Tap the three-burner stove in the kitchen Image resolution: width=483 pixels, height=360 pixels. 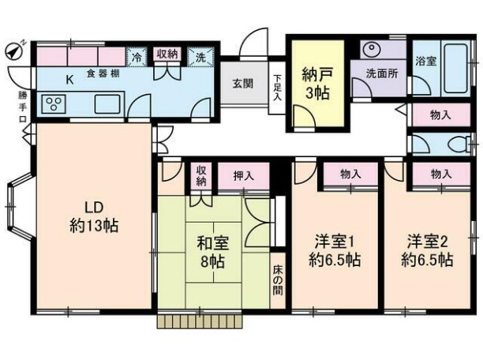tap(54, 104)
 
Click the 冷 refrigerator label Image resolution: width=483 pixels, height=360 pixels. tap(137, 57)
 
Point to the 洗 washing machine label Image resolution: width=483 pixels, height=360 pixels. tap(200, 57)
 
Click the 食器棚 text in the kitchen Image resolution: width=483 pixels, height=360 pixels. tap(103, 74)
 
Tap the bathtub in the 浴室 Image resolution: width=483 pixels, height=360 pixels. tap(453, 60)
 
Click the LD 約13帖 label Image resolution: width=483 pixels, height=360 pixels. tap(92, 217)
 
